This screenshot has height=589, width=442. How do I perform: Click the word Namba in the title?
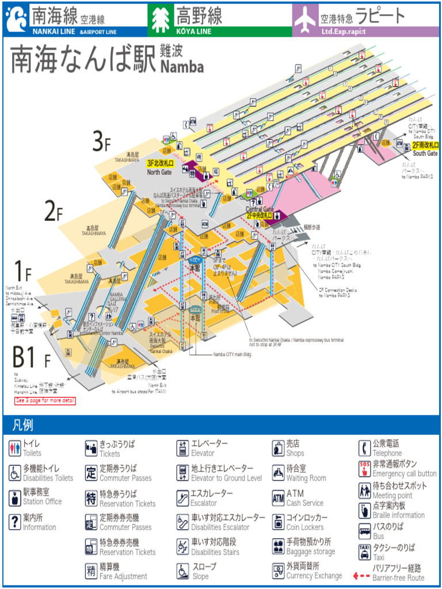coord(182,67)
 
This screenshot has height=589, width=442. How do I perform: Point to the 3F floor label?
coord(101,141)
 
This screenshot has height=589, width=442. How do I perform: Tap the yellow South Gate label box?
coord(425,146)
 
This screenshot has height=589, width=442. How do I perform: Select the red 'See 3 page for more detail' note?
coord(45,400)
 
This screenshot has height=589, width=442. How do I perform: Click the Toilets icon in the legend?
coord(15,448)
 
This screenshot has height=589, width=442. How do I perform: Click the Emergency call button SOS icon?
coord(364,468)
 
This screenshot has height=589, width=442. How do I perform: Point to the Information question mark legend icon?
coord(15,522)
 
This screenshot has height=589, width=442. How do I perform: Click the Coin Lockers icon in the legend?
coord(278,522)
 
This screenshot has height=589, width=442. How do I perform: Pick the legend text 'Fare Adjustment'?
coord(123,576)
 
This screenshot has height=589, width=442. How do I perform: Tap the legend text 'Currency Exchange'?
coord(314,576)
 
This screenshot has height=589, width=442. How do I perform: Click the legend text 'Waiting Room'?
coord(306,478)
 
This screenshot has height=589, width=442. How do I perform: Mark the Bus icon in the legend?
coord(364,531)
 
